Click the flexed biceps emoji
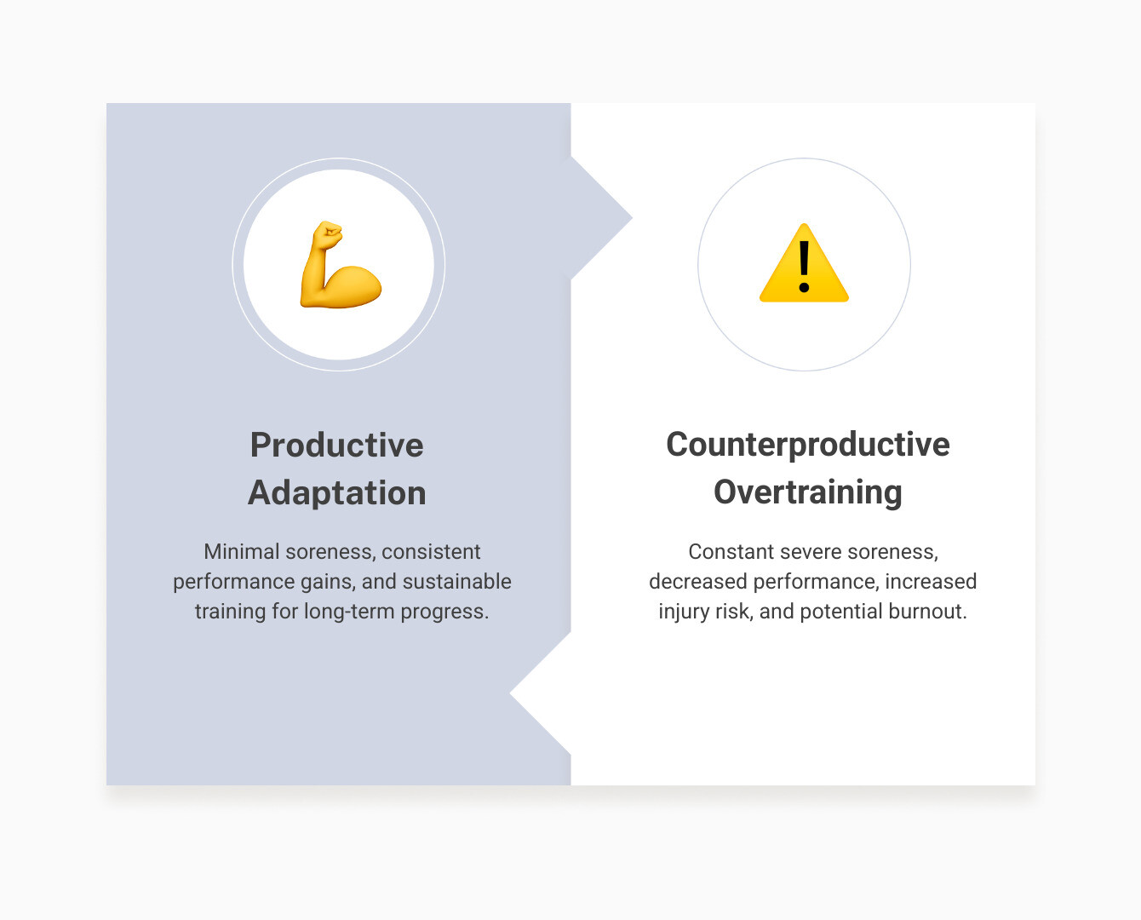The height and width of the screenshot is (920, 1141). (340, 265)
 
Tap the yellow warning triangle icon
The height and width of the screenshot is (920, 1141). (804, 265)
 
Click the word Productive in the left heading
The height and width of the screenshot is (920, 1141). (336, 445)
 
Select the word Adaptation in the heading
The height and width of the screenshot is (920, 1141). (336, 492)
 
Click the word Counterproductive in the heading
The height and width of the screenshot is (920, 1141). (807, 445)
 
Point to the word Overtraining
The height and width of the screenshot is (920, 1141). (807, 492)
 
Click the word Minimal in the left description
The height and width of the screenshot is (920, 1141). (242, 552)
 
